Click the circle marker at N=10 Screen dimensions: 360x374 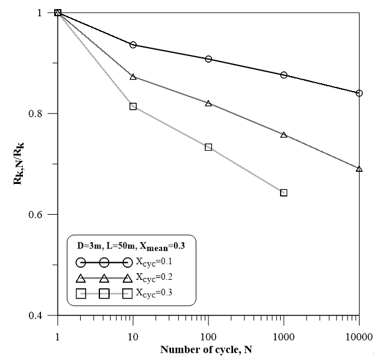133,45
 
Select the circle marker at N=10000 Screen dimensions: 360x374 359,93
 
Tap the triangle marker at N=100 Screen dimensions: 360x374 208,103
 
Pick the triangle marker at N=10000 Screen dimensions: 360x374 359,169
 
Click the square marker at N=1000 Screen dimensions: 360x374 284,193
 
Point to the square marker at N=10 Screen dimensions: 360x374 133,107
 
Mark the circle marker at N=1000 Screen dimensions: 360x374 284,75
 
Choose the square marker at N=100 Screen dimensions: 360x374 208,147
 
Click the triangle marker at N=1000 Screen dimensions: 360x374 284,134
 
